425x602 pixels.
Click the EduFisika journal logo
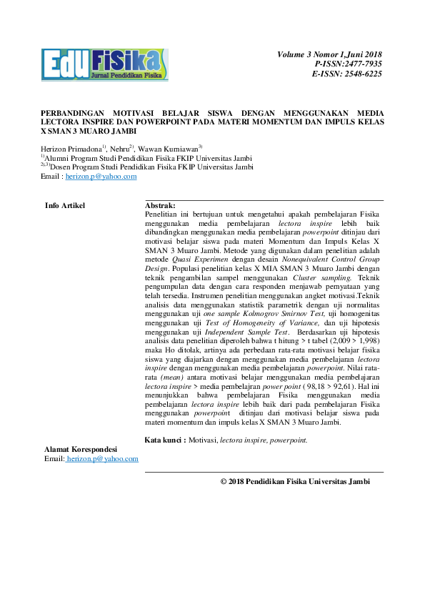(x=105, y=64)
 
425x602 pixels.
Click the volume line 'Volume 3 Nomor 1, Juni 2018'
(x=330, y=54)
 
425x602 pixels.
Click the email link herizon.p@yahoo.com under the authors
(x=101, y=176)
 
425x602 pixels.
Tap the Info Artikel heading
(x=65, y=206)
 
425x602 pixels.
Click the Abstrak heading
(x=160, y=206)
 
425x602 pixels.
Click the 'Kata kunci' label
(x=163, y=440)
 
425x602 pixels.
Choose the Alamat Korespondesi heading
(x=81, y=449)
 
